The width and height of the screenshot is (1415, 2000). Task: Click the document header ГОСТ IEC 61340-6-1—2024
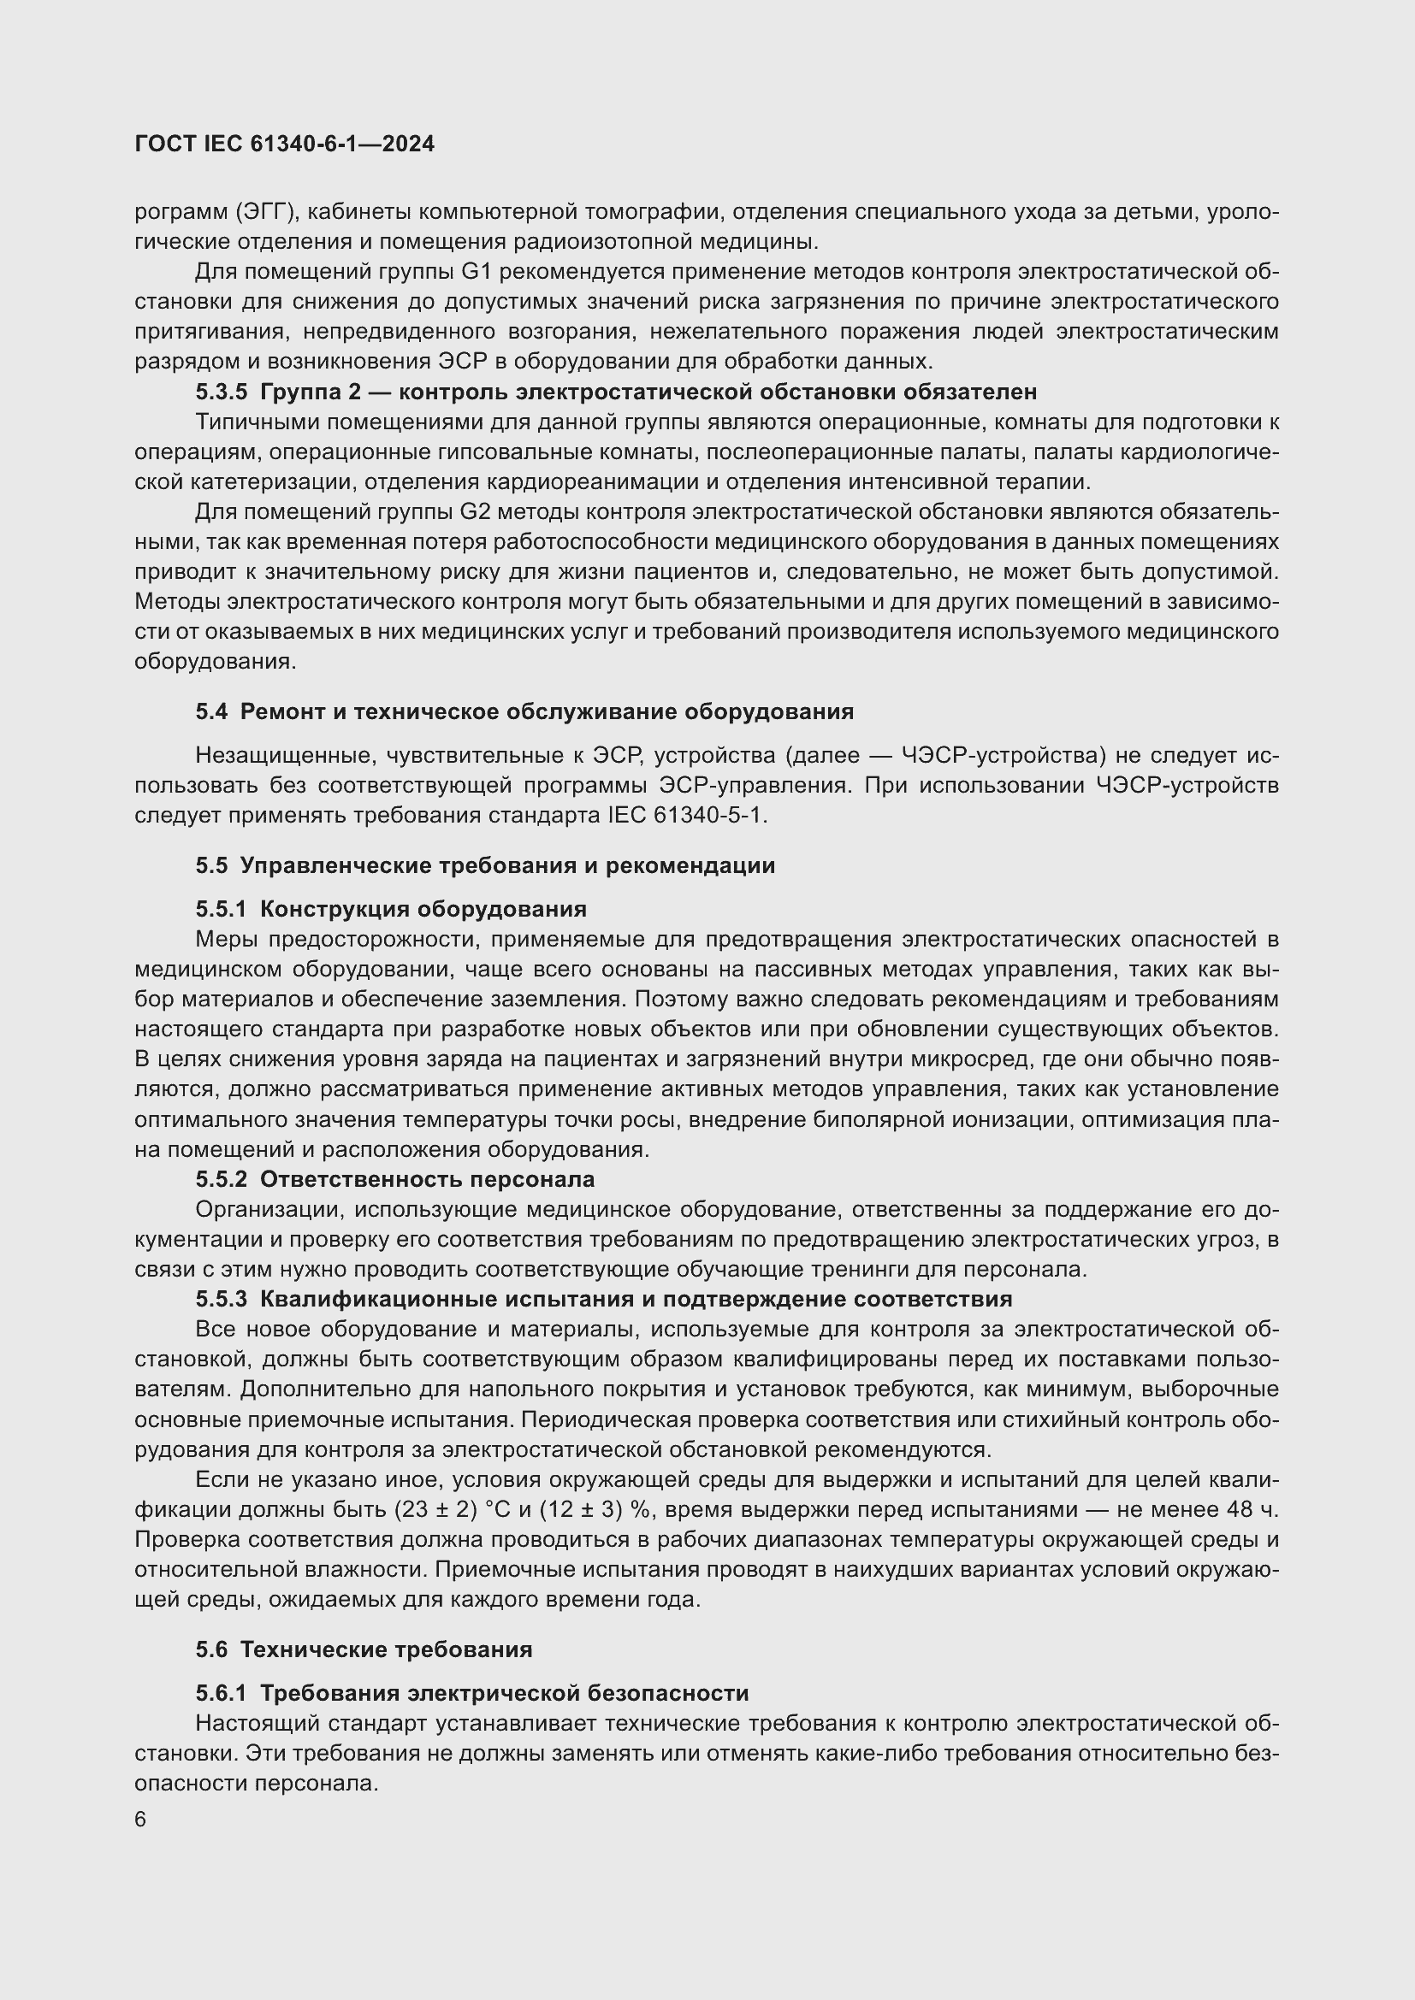[284, 144]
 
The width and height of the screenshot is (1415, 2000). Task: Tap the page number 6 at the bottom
[140, 1820]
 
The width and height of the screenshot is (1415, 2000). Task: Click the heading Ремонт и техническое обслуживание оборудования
[547, 711]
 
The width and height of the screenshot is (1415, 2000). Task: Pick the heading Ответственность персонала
[427, 1179]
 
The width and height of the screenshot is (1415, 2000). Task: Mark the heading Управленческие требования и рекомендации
[507, 866]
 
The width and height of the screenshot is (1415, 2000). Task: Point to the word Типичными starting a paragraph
[251, 422]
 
